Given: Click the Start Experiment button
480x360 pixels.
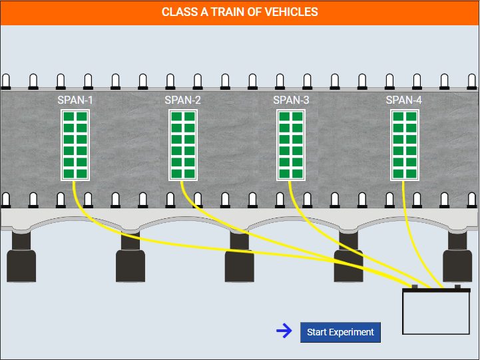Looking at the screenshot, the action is [340, 332].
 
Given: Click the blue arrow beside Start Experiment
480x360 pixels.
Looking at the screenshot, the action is [284, 331].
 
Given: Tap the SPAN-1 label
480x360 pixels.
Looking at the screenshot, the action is [75, 100].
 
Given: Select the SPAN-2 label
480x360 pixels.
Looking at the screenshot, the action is [183, 100].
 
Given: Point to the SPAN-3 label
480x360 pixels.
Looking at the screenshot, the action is [291, 100].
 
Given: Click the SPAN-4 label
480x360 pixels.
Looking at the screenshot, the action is [404, 100].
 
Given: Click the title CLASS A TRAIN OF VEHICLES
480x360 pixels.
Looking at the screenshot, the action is [240, 12].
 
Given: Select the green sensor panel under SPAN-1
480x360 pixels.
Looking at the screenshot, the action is [75, 145].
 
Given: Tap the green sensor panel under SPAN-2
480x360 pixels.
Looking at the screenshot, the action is [183, 145].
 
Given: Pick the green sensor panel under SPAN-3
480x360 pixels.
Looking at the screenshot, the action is [291, 145].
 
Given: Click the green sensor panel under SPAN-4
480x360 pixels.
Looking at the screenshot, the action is [405, 145].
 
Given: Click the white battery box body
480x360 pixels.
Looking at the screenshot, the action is [436, 313].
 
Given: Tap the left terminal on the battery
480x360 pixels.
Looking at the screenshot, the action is [415, 287].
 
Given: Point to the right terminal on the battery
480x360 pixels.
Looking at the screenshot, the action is [457, 287].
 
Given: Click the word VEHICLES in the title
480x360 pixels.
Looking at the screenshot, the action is [291, 12].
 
